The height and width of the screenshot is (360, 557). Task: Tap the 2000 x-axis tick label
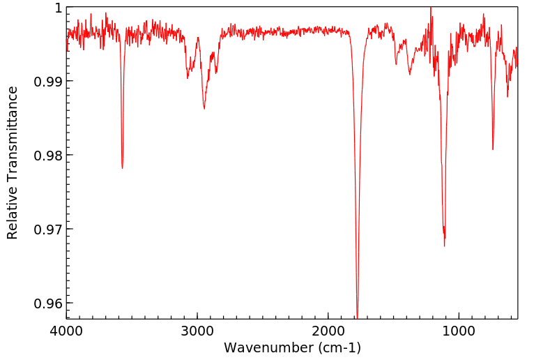[328, 331]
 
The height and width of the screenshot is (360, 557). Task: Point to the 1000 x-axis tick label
[459, 331]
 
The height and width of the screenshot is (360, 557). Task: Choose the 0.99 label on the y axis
[49, 82]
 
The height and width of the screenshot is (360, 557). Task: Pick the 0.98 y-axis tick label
[49, 156]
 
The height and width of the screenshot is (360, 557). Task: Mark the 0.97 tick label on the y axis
[49, 230]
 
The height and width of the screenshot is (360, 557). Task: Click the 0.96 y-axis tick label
[49, 303]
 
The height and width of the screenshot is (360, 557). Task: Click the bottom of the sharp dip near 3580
[122, 168]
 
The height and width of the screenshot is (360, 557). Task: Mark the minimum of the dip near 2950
[204, 108]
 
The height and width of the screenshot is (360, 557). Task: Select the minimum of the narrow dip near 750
[493, 149]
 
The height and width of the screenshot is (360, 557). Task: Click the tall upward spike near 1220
[431, 8]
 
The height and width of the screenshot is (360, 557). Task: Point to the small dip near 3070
[188, 77]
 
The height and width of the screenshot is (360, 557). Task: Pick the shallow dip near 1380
[410, 74]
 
